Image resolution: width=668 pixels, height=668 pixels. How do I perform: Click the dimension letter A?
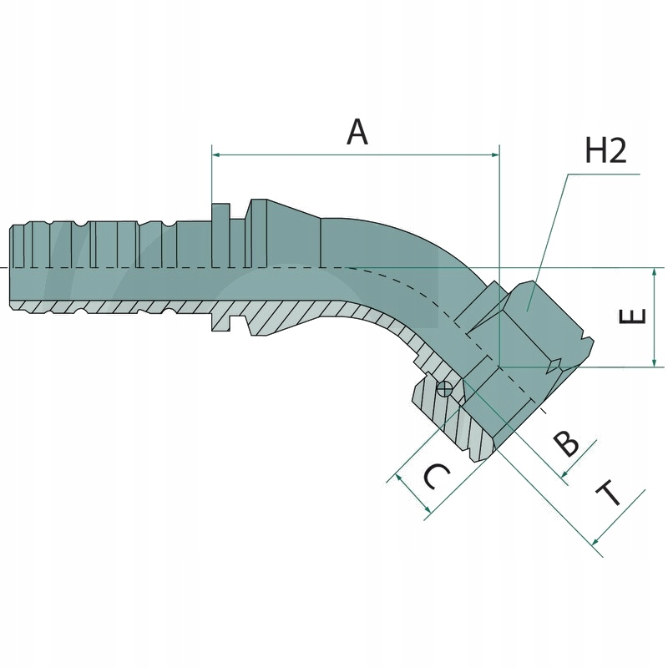tap(357, 132)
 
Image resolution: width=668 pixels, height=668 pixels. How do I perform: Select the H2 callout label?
tap(605, 151)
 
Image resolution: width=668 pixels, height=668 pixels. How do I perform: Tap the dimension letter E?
tap(635, 317)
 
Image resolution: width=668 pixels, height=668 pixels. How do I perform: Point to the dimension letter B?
tap(567, 443)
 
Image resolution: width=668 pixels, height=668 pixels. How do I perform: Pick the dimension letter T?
tap(612, 494)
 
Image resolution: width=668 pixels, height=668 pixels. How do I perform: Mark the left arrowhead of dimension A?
tap(216, 154)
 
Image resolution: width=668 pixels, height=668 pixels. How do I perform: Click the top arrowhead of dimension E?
tap(654, 272)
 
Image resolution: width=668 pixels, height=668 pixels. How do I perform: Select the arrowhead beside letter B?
tap(564, 477)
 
